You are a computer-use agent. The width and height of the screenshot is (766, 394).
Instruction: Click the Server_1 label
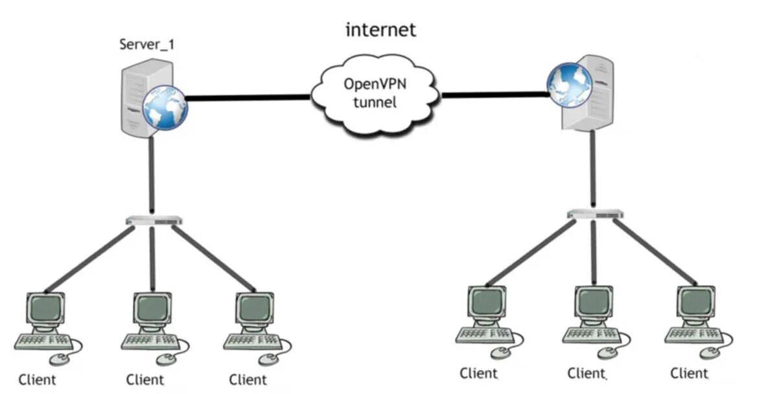click(146, 45)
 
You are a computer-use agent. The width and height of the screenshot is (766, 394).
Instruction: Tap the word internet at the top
click(380, 30)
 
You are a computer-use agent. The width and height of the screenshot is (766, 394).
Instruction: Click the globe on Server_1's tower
click(165, 108)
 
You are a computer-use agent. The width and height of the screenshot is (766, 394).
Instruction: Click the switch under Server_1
click(154, 221)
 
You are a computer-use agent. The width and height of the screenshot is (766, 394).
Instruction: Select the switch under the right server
click(596, 214)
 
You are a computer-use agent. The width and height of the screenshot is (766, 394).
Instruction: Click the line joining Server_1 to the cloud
click(248, 98)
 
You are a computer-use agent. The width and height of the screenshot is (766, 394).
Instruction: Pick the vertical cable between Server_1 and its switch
click(152, 176)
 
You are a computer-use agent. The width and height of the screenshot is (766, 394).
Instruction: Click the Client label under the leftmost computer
click(37, 379)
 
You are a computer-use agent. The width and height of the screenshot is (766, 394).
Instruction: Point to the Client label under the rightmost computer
click(689, 373)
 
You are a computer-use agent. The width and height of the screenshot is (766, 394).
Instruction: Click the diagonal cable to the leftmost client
click(89, 259)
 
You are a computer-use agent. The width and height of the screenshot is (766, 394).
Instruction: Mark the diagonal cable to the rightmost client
click(655, 251)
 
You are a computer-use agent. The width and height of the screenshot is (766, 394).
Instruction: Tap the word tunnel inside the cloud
click(376, 102)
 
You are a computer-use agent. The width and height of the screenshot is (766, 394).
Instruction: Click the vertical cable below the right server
click(592, 169)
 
